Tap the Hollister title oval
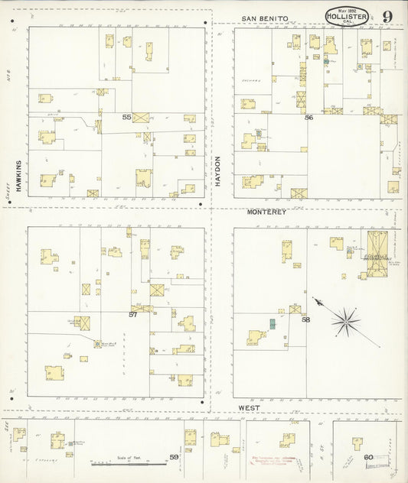pyautogui.click(x=346, y=16)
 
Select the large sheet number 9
pyautogui.click(x=388, y=16)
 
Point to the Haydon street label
pyautogui.click(x=217, y=171)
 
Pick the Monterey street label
pyautogui.click(x=266, y=212)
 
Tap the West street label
pyautogui.click(x=248, y=408)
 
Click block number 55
pyautogui.click(x=126, y=117)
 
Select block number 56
pyautogui.click(x=308, y=118)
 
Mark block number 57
pyautogui.click(x=132, y=314)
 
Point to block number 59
pyautogui.click(x=174, y=457)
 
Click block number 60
pyautogui.click(x=368, y=458)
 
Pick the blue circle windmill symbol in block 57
pyautogui.click(x=97, y=344)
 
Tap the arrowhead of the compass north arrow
pyautogui.click(x=314, y=300)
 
